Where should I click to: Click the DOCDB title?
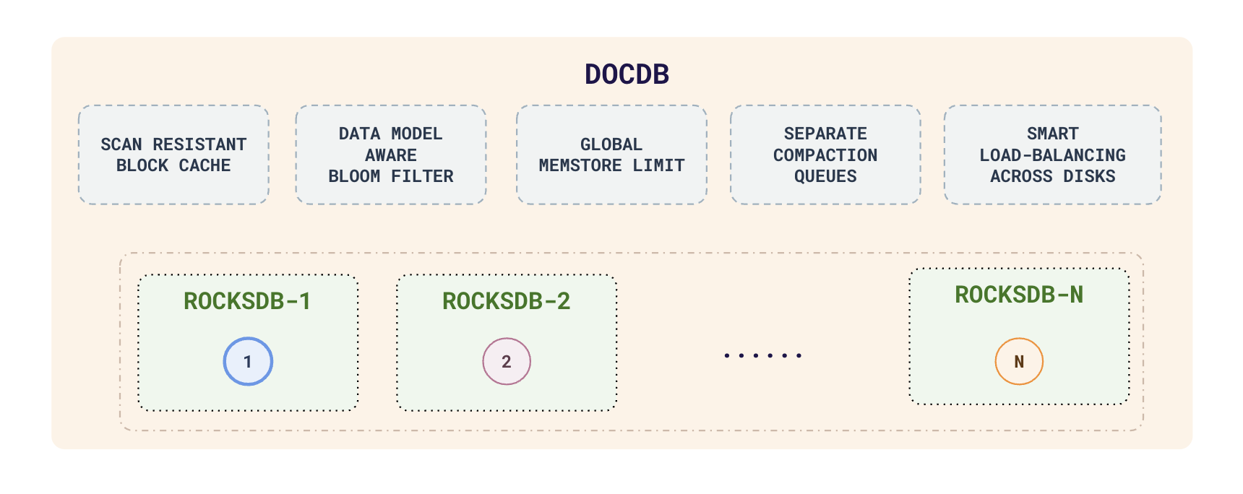pyautogui.click(x=627, y=74)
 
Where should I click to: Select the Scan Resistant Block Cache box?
pyautogui.click(x=173, y=155)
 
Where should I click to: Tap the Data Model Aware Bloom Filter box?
pyautogui.click(x=391, y=155)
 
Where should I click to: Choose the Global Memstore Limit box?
pyautogui.click(x=611, y=155)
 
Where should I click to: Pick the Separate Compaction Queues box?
pyautogui.click(x=825, y=155)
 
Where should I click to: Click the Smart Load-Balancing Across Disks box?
pyautogui.click(x=1052, y=155)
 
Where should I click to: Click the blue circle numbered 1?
pyautogui.click(x=248, y=361)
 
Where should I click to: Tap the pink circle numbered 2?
pyautogui.click(x=507, y=361)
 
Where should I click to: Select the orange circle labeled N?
pyautogui.click(x=1019, y=361)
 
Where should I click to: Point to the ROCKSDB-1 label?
pyautogui.click(x=247, y=301)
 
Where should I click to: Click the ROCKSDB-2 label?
pyautogui.click(x=506, y=301)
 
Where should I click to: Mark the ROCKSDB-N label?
pyautogui.click(x=1019, y=295)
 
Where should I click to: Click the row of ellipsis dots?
pyautogui.click(x=763, y=355)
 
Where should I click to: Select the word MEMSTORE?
pyautogui.click(x=580, y=165)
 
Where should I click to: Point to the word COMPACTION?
pyautogui.click(x=825, y=155)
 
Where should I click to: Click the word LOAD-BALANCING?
pyautogui.click(x=1052, y=155)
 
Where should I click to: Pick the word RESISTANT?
pyautogui.click(x=199, y=144)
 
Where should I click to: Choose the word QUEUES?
pyautogui.click(x=825, y=176)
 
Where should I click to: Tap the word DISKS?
pyautogui.click(x=1089, y=176)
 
